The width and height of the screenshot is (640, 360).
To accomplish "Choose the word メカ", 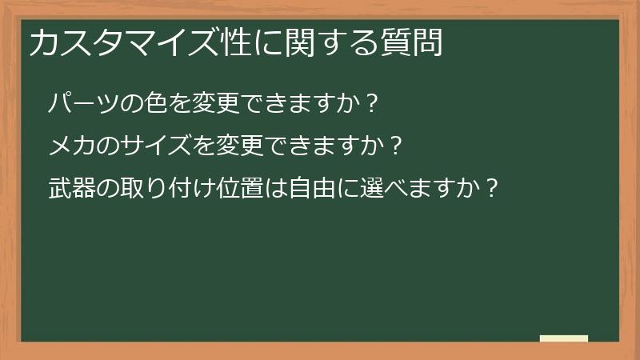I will point(73,146).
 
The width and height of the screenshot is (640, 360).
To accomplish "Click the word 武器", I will point(73,189).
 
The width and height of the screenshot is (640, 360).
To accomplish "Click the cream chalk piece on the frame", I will point(564,338).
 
